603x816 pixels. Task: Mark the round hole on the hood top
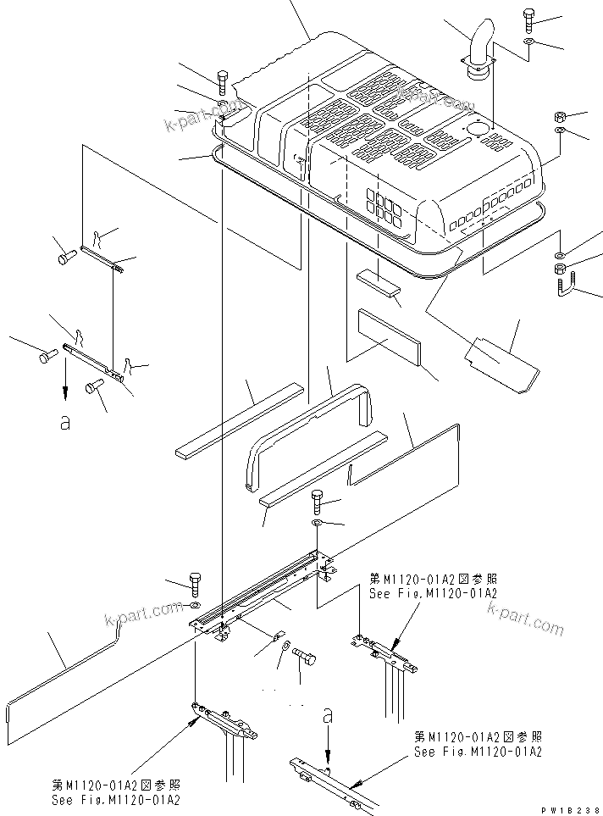click(475, 129)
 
